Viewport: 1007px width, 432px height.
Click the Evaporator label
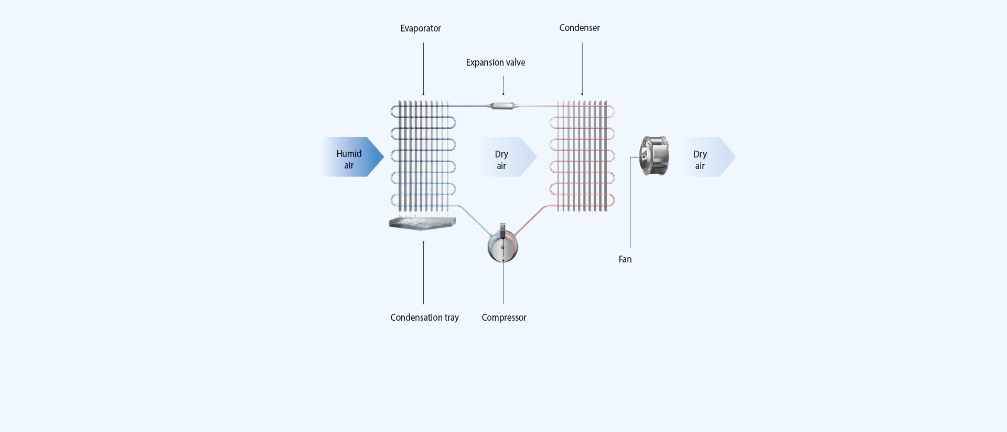pyautogui.click(x=421, y=28)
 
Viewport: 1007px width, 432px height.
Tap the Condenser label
pyautogui.click(x=579, y=28)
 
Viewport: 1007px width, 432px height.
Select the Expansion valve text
pyautogui.click(x=495, y=62)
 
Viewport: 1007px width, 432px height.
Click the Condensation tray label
pyautogui.click(x=424, y=318)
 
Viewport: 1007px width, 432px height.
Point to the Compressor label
pyautogui.click(x=504, y=318)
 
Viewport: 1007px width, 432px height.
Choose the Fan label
pyautogui.click(x=625, y=259)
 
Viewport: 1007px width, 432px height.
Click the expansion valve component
pyautogui.click(x=502, y=106)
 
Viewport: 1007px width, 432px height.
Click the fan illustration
pyautogui.click(x=654, y=156)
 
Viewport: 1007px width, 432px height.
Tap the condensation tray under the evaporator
pyautogui.click(x=422, y=224)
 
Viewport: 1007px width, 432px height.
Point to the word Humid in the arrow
pyautogui.click(x=349, y=154)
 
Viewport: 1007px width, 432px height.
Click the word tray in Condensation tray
pyautogui.click(x=451, y=318)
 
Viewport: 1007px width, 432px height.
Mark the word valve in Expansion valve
pyautogui.click(x=515, y=62)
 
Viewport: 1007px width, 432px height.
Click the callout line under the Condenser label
pyautogui.click(x=582, y=68)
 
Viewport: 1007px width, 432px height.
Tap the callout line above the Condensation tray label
pyautogui.click(x=423, y=273)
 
